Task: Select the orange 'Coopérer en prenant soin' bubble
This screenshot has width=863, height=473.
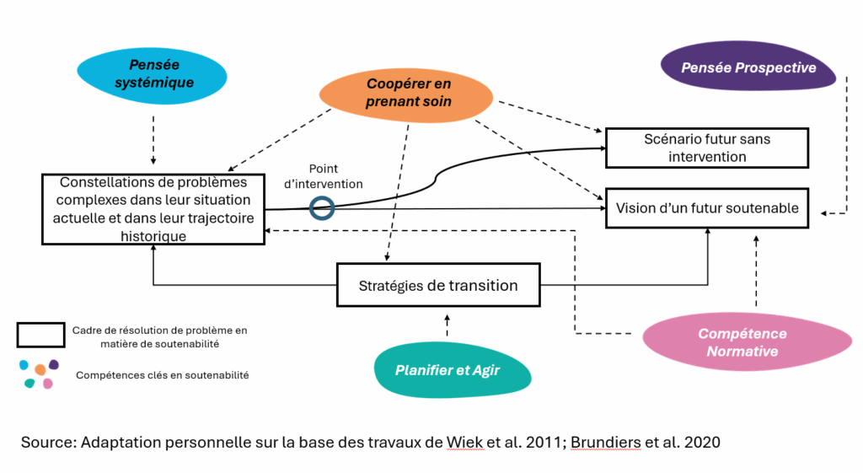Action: pyautogui.click(x=408, y=94)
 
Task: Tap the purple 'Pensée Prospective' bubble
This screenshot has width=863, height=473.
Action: pyautogui.click(x=748, y=67)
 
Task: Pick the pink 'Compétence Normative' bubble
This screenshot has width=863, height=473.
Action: pyautogui.click(x=742, y=341)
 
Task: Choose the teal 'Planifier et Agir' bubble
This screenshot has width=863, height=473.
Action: pyautogui.click(x=450, y=369)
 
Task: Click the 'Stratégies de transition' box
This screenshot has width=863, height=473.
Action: pyautogui.click(x=437, y=285)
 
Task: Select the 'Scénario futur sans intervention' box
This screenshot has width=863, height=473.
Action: pyautogui.click(x=707, y=148)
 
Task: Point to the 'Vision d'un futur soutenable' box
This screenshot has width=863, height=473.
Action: pyautogui.click(x=707, y=208)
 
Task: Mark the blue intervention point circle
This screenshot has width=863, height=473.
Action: pyautogui.click(x=322, y=207)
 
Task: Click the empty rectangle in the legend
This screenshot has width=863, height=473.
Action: pyautogui.click(x=40, y=335)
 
